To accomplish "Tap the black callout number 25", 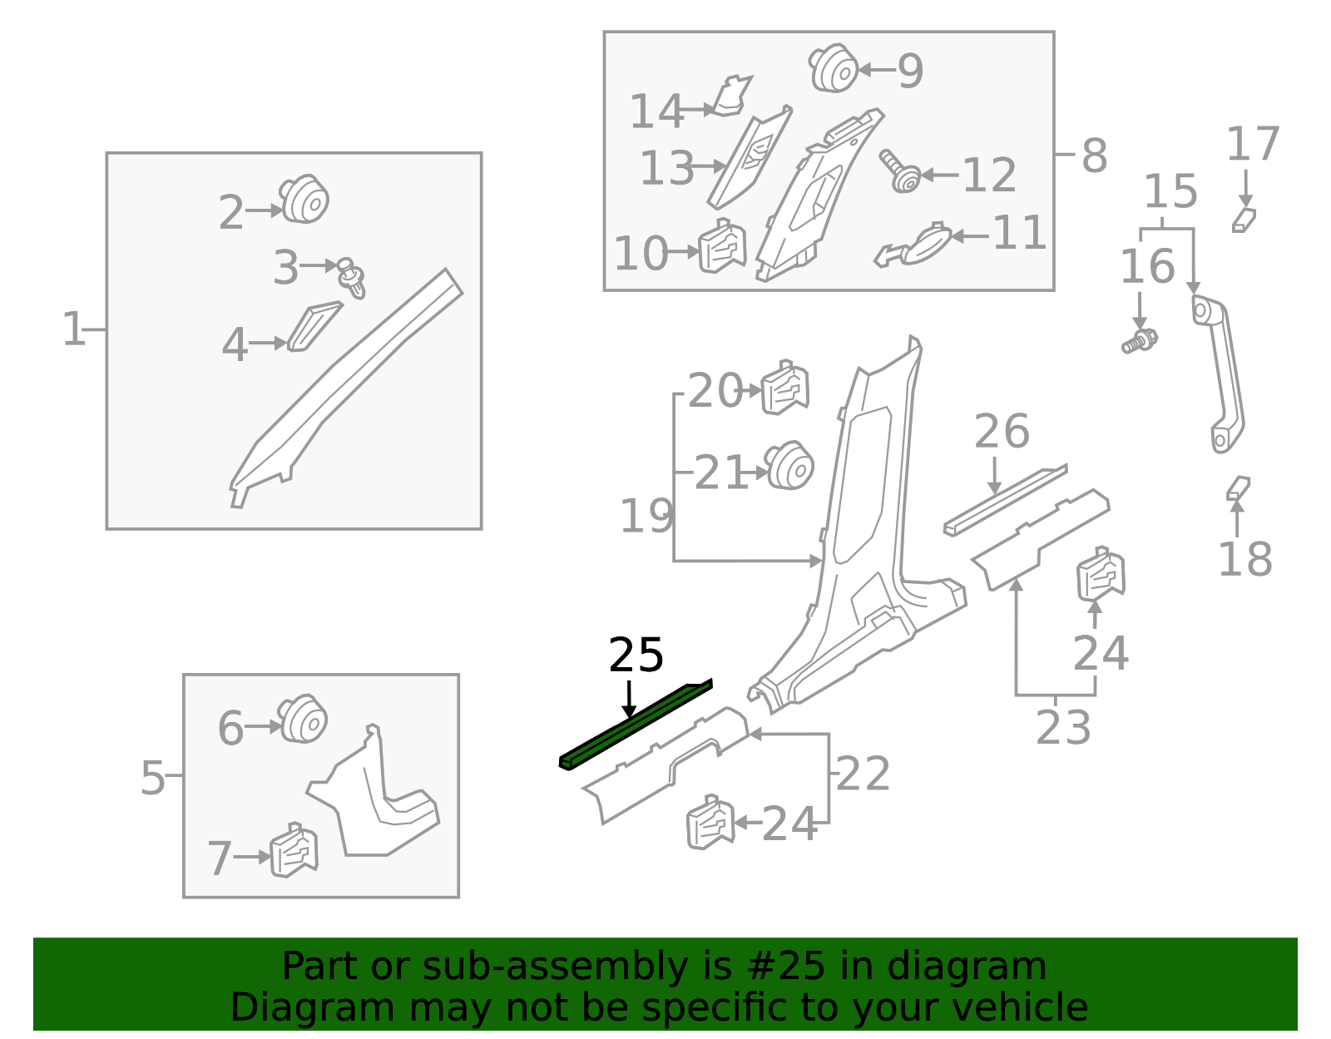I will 636,656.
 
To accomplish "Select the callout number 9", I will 910,71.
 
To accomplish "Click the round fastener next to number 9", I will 834,68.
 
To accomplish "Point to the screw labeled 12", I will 900,171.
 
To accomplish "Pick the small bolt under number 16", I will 1140,341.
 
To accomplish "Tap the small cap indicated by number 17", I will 1244,220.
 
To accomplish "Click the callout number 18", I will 1244,559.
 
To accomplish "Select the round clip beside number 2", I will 304,200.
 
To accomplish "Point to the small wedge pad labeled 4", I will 313,327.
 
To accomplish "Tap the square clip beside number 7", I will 294,850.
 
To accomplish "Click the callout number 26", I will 1002,432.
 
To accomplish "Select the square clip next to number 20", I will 784,388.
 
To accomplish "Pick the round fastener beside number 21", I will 789,466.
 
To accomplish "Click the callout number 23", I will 1063,728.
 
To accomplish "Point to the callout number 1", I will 73,329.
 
